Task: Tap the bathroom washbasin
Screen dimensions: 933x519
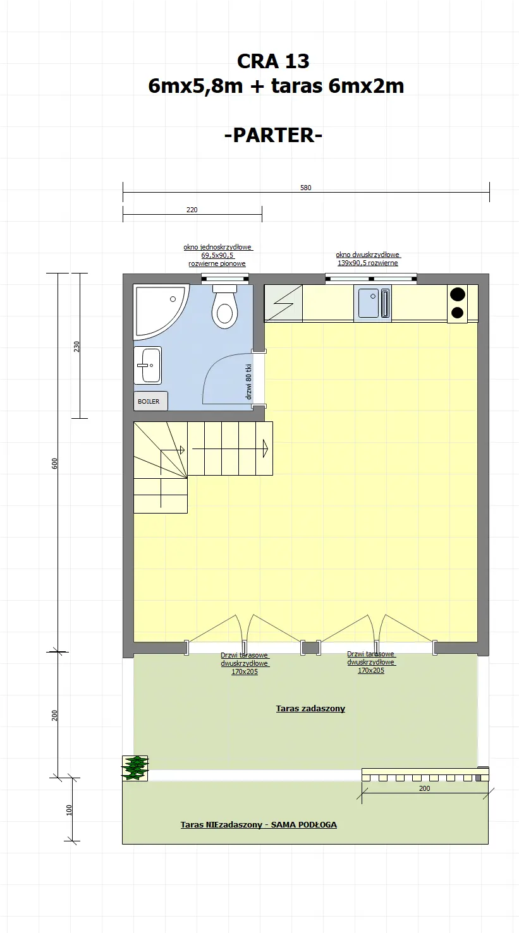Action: (x=148, y=365)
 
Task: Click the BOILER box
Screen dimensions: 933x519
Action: (x=149, y=401)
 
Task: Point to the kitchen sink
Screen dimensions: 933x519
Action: (x=369, y=303)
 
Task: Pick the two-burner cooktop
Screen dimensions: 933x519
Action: (x=457, y=303)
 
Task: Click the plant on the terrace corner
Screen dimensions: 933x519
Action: (x=135, y=767)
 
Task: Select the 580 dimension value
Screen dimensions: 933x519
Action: (x=306, y=188)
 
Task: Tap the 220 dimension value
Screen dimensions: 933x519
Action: (x=192, y=210)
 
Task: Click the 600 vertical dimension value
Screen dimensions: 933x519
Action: (x=55, y=463)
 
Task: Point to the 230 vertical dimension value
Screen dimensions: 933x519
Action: (x=76, y=346)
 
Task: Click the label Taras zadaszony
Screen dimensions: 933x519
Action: (x=310, y=709)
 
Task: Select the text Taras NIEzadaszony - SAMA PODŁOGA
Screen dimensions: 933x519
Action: (x=259, y=824)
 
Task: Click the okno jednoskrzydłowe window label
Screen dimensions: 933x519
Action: (x=217, y=255)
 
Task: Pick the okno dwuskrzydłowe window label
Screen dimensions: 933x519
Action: (x=367, y=259)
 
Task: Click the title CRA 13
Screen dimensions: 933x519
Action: (x=273, y=61)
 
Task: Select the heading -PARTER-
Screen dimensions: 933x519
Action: (x=273, y=135)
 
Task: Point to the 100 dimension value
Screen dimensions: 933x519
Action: (x=70, y=810)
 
